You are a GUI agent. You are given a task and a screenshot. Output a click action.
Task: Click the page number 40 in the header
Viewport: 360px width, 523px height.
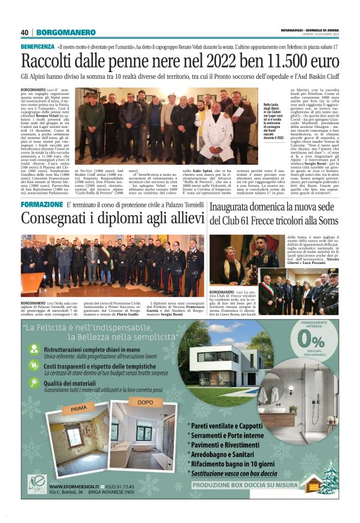click(25, 32)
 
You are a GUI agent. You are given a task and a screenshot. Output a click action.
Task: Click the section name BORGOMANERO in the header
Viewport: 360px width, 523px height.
click(60, 32)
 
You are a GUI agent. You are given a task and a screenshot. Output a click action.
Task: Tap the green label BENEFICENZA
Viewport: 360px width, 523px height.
click(37, 47)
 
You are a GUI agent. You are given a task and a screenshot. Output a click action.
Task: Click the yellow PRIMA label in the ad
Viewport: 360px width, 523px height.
click(79, 410)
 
